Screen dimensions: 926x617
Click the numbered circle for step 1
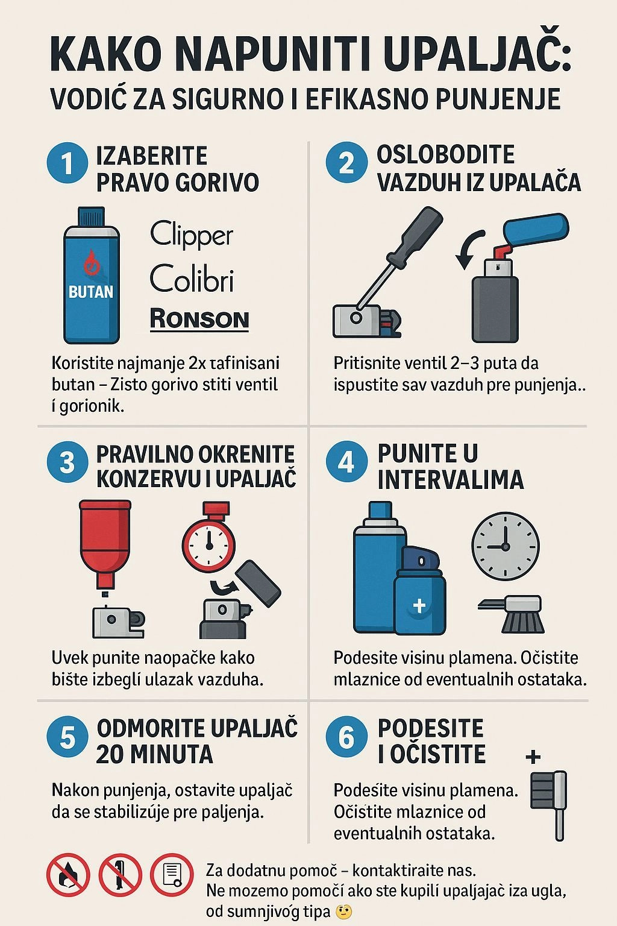tap(67, 163)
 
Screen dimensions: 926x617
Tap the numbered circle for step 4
tap(346, 462)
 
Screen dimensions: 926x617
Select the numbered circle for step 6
tap(346, 737)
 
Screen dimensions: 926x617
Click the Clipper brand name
tap(191, 235)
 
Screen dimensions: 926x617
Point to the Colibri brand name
tap(191, 279)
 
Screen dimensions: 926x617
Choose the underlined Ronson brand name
tap(199, 319)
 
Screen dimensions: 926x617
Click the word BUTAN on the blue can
tap(91, 292)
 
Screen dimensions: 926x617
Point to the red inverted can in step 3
tap(105, 540)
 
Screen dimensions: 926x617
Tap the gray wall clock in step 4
tap(505, 546)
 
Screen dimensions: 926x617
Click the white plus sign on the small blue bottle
tap(419, 605)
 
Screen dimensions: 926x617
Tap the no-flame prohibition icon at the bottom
tap(68, 874)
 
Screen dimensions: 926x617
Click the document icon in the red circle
tap(172, 874)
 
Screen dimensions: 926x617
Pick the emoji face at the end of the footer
tap(343, 912)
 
